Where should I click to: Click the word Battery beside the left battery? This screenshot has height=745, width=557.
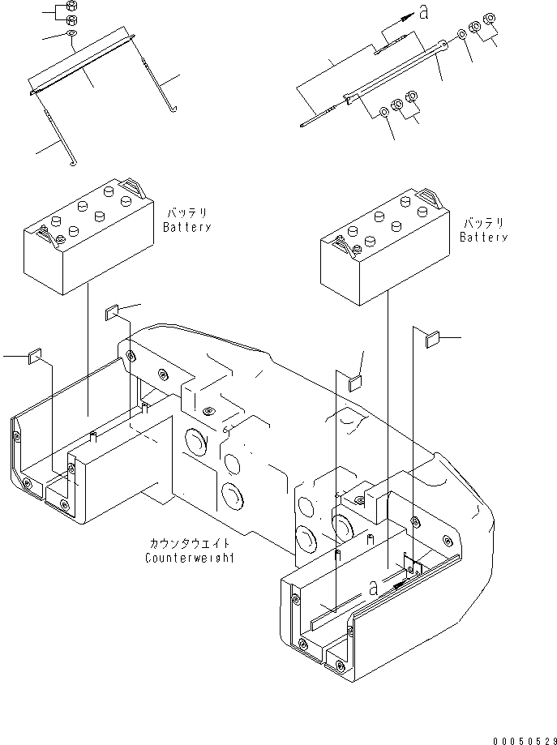tap(186, 228)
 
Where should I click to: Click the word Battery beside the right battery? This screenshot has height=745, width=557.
tap(483, 238)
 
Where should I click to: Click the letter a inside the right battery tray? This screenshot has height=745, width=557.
tap(373, 589)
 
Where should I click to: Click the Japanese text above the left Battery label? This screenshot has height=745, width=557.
tap(186, 214)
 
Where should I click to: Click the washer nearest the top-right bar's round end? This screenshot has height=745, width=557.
tap(461, 34)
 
